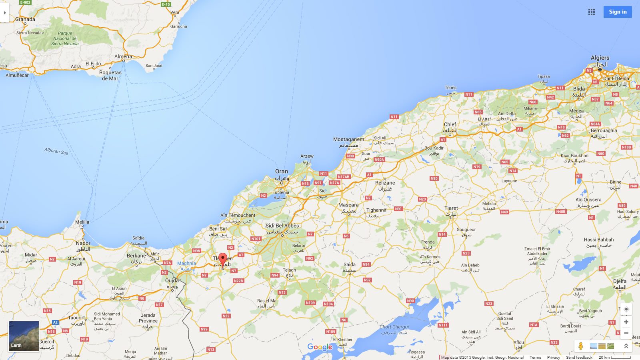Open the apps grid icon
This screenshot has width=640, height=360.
click(592, 12)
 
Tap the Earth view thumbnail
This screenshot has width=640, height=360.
click(24, 336)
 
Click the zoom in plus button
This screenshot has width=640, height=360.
click(626, 322)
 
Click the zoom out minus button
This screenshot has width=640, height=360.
click(626, 333)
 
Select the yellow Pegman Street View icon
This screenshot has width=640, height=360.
click(580, 346)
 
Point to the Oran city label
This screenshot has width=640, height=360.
click(282, 171)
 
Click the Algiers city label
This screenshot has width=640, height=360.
click(600, 58)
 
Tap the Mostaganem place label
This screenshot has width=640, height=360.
click(348, 139)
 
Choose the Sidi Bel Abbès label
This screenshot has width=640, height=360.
click(282, 226)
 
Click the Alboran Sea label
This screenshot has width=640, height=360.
click(56, 151)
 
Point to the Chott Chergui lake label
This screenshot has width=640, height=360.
click(394, 327)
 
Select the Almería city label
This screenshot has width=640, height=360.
click(123, 56)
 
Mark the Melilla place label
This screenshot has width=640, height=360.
click(82, 222)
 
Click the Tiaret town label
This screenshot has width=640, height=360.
click(451, 208)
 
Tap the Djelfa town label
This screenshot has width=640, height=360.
click(620, 281)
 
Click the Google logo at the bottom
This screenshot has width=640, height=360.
click(320, 347)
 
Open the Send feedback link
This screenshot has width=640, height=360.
click(579, 357)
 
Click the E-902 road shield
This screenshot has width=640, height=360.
click(25, 2)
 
